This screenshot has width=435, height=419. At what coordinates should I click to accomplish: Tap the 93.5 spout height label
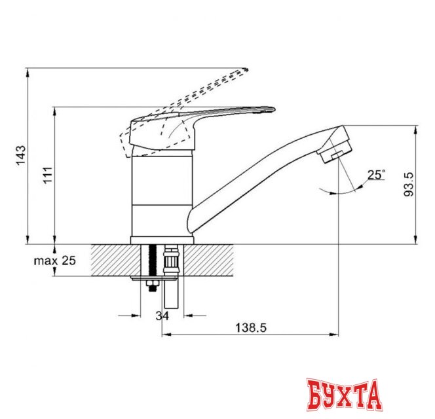pyautogui.click(x=409, y=185)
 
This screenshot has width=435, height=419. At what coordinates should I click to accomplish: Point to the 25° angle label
pyautogui.click(x=375, y=174)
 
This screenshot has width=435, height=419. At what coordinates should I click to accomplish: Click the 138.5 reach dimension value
pyautogui.click(x=252, y=326)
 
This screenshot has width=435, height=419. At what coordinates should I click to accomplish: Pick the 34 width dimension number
pyautogui.click(x=161, y=317)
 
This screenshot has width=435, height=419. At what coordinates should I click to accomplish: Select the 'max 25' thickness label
pyautogui.click(x=55, y=261)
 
